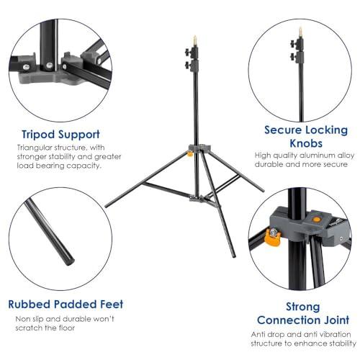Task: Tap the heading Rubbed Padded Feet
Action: pyautogui.click(x=66, y=304)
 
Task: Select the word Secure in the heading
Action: pyautogui.click(x=285, y=130)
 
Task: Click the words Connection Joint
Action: pyautogui.click(x=302, y=320)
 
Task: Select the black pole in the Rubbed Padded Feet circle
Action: pyautogui.click(x=50, y=231)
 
